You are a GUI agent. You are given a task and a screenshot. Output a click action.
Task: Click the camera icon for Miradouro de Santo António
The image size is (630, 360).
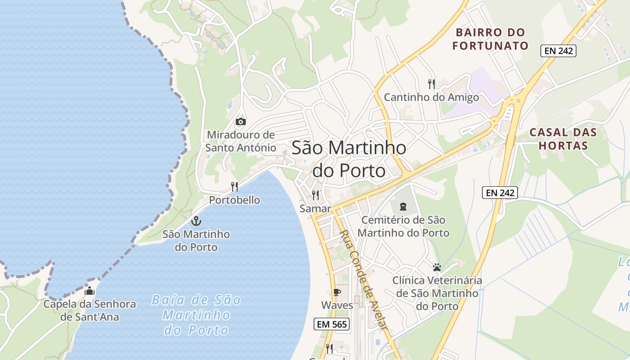[241, 121]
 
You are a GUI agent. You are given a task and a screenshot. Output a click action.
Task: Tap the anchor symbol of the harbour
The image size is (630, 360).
[196, 221]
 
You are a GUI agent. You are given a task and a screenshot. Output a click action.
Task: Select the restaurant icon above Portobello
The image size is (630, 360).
[234, 186]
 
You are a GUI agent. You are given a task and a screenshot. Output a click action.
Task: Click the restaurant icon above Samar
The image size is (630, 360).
[315, 195]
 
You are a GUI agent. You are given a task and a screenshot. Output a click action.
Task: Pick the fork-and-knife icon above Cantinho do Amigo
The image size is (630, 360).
[432, 84]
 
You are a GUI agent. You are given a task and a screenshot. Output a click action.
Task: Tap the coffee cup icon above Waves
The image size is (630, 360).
[337, 292]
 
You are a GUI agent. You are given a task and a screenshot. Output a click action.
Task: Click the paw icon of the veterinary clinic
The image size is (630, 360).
[436, 267]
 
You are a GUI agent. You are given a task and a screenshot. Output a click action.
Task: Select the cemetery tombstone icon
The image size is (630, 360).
[403, 207]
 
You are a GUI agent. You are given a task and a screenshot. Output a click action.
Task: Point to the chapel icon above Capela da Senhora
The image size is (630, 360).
[90, 291]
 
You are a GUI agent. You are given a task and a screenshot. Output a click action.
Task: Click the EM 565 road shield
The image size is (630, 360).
[332, 324]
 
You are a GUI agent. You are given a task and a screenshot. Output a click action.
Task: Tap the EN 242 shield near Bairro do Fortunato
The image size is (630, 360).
[558, 51]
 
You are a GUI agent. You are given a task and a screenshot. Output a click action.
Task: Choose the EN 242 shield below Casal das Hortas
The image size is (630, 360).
[500, 193]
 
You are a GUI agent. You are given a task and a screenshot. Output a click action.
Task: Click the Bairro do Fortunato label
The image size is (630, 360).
[490, 39]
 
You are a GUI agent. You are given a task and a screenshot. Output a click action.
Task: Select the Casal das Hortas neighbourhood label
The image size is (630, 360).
[563, 139]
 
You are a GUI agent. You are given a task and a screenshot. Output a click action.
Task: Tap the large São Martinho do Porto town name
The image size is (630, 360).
[349, 159]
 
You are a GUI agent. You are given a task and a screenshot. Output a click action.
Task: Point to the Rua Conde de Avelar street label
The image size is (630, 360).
[363, 280]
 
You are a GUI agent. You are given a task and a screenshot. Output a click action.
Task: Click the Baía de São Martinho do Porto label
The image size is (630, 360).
[196, 315]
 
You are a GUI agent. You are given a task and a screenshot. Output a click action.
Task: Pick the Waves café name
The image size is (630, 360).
[337, 305]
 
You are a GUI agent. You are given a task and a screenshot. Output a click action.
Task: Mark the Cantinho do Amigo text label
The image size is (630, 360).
[431, 97]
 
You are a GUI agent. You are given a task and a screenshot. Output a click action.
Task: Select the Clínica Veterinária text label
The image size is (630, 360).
[437, 293]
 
